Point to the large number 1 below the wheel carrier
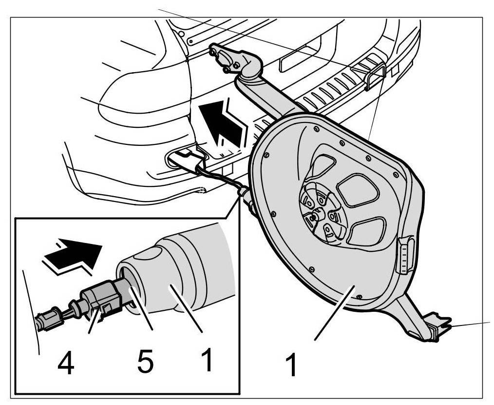tap(291, 365)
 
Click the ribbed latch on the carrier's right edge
tap(405, 255)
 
